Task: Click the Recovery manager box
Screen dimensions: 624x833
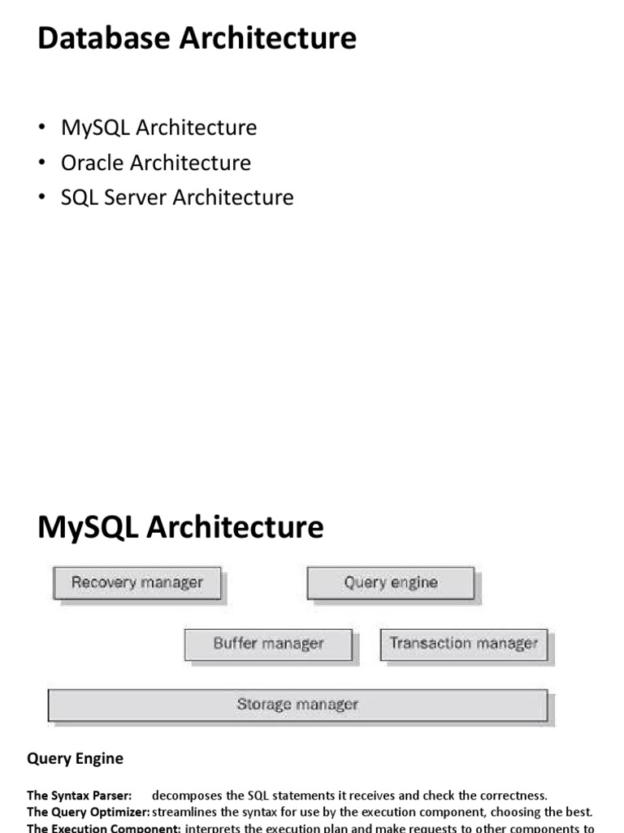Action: coord(136,582)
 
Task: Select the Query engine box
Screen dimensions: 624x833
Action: coord(390,582)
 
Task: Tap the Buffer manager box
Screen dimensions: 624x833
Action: coord(268,643)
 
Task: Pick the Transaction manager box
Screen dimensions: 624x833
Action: coord(463,643)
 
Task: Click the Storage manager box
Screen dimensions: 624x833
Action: coord(297,704)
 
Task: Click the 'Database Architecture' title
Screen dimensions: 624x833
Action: coord(197,38)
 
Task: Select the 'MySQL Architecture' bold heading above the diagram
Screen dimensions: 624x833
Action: coord(180,527)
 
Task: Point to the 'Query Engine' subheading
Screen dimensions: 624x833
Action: coord(76,758)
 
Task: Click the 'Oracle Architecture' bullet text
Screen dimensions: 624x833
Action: coord(156,163)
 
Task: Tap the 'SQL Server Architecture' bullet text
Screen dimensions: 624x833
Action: coord(177,198)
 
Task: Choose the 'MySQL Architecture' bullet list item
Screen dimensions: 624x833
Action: coord(158,128)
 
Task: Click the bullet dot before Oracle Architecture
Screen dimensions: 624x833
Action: coord(42,164)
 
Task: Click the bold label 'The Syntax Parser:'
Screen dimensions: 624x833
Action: coord(79,796)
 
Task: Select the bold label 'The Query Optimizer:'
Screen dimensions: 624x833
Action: coord(88,812)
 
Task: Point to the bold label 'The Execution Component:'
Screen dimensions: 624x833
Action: coord(103,828)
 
